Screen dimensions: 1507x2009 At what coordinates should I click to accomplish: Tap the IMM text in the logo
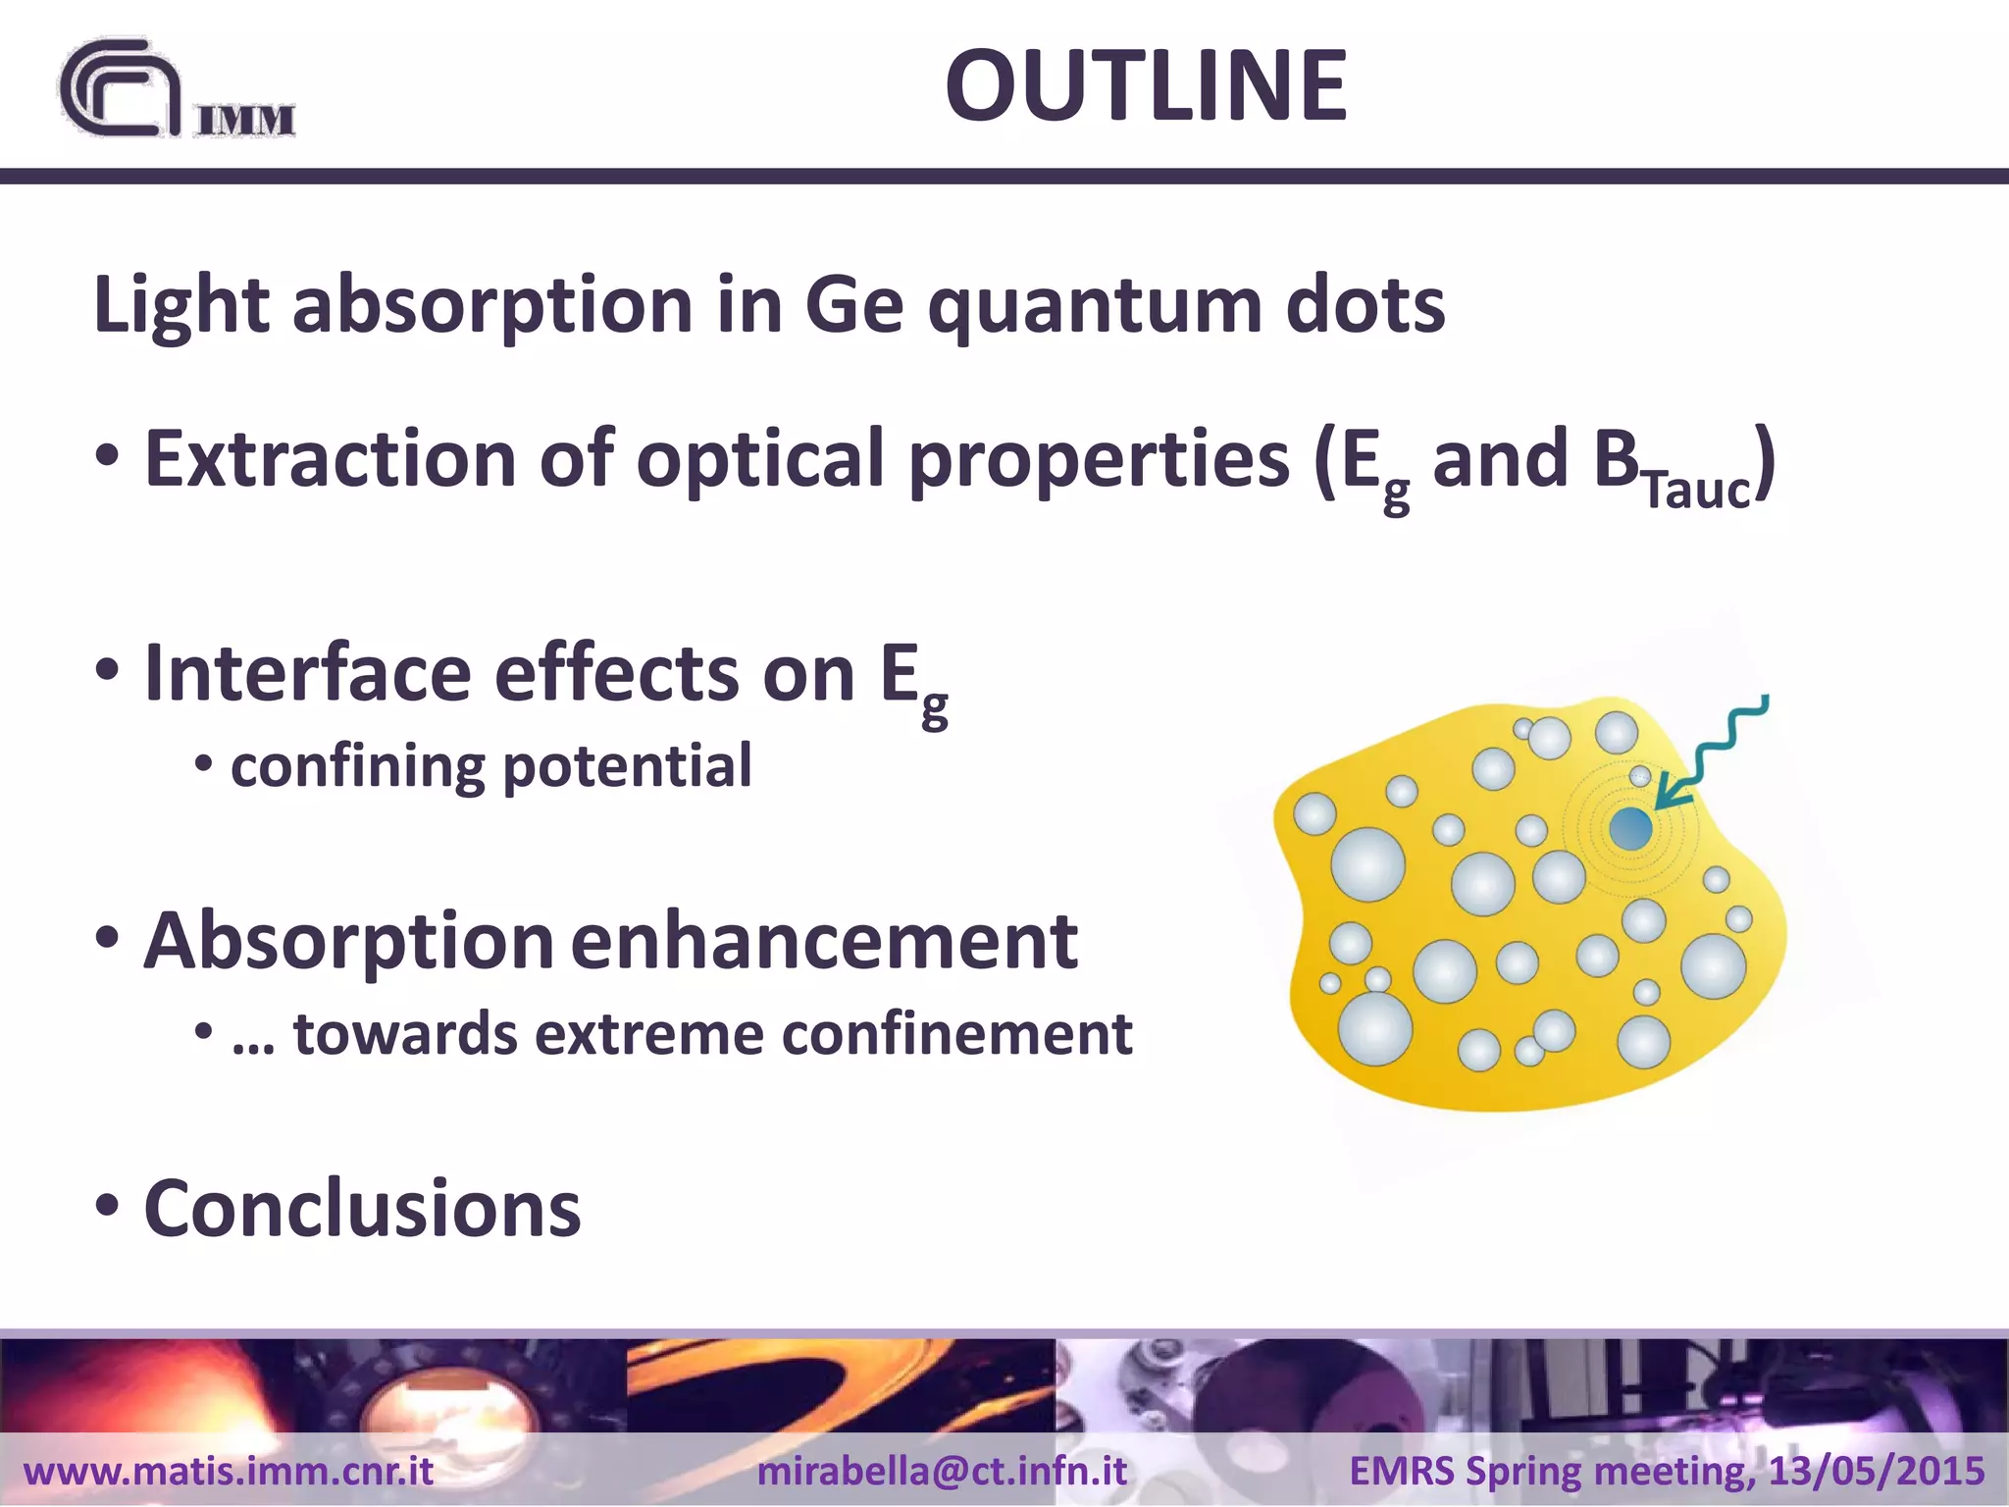coord(246,121)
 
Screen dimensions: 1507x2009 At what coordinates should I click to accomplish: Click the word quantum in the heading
coord(1095,306)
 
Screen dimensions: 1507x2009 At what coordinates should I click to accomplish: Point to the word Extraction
coord(330,459)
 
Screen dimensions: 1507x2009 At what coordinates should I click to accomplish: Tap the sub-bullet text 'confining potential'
coord(490,766)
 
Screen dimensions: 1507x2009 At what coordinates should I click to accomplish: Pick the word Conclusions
coord(362,1209)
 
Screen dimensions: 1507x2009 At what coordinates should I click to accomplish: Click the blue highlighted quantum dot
coord(1630,829)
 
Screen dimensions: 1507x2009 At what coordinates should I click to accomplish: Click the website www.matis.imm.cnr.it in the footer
coord(228,1471)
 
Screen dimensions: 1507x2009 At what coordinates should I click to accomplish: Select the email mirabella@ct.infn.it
coord(942,1471)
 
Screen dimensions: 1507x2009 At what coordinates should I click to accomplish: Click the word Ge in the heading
coord(853,306)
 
